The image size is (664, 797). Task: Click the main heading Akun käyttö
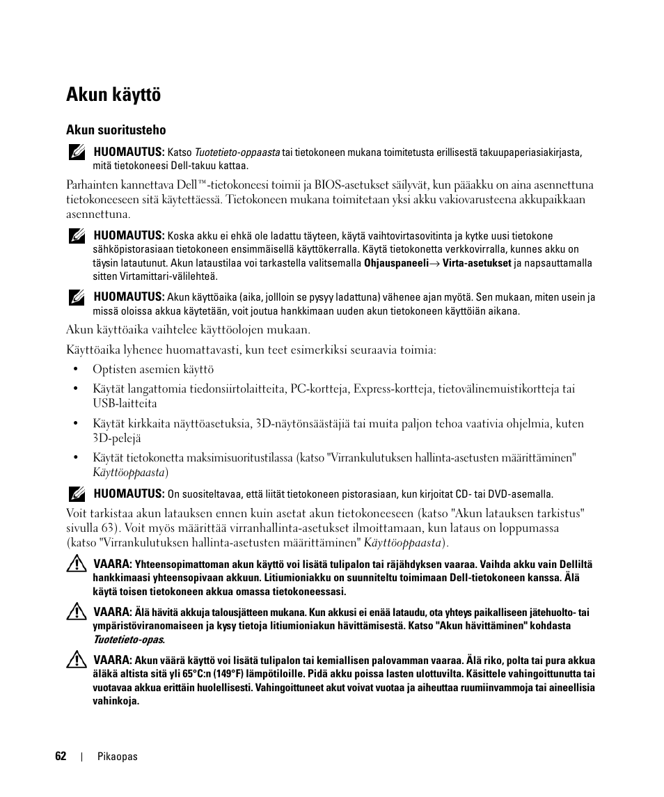pos(113,95)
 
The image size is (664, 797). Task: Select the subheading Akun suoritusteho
pos(116,130)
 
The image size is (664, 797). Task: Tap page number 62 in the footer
pos(61,757)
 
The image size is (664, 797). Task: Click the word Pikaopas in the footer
pos(118,757)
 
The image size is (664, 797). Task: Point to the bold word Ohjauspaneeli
pos(396,263)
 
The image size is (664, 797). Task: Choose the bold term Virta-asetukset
pos(477,263)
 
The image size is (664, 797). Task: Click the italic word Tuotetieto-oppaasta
pos(237,152)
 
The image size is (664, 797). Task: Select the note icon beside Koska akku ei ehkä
pos(77,235)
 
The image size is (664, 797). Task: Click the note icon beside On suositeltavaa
pos(77,494)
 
